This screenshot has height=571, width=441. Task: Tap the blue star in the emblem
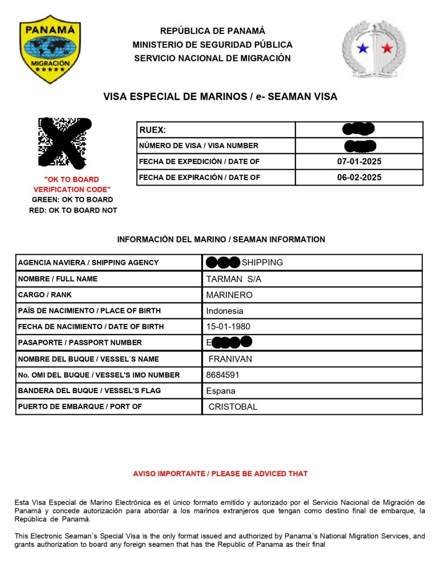(363, 49)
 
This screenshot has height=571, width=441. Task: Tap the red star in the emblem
(387, 49)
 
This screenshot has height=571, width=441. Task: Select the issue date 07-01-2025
(359, 162)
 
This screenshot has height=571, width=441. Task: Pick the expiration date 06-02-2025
(359, 177)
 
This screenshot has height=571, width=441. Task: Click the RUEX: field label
(152, 130)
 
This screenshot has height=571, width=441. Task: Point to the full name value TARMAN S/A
(234, 279)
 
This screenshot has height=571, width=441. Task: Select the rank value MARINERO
(229, 294)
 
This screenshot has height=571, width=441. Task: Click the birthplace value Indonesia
(225, 311)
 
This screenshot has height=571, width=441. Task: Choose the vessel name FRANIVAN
(230, 359)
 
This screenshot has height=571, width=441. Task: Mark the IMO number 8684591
(223, 375)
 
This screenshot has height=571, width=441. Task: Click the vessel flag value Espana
(221, 391)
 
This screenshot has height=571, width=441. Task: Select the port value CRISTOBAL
(233, 407)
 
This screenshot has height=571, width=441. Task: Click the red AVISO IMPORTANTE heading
(220, 473)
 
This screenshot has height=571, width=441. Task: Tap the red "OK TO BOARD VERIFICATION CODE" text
(71, 185)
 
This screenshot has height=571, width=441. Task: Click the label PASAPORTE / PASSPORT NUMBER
(80, 342)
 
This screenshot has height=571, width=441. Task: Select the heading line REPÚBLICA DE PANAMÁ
(212, 31)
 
